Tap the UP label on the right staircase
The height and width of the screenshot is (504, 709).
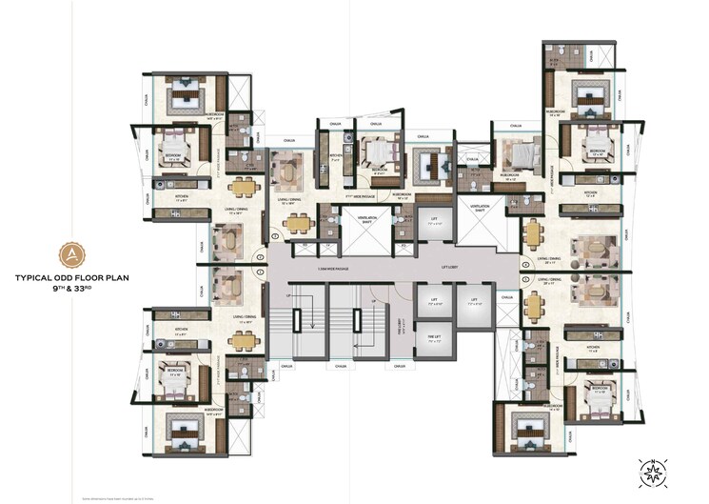pyautogui.click(x=374, y=301)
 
